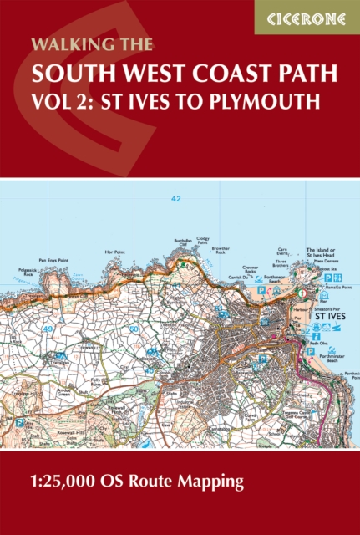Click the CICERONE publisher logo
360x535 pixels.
[x=307, y=17]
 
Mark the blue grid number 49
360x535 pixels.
[x=48, y=306]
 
